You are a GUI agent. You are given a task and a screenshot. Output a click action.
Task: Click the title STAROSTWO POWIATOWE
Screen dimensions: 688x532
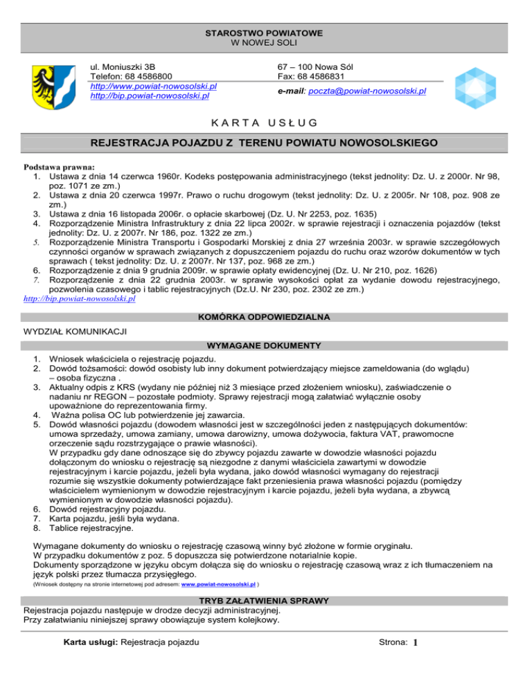(266, 33)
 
